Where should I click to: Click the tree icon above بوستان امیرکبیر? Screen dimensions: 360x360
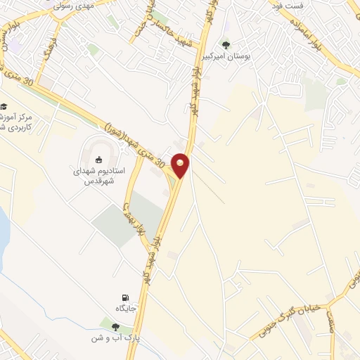point(225,42)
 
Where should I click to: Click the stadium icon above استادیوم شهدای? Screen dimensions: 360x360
point(98,159)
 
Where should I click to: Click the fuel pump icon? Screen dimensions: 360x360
point(125,298)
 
